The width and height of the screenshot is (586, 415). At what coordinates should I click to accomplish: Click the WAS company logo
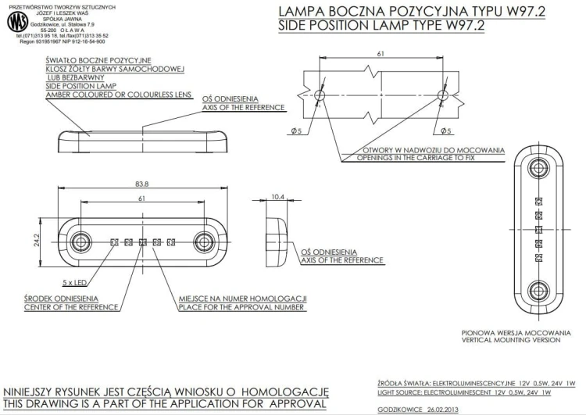point(17,22)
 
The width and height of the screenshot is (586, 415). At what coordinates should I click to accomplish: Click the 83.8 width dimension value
point(142,184)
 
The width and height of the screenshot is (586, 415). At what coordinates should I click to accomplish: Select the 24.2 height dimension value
point(36,241)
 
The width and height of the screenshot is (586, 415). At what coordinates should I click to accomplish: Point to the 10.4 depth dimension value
point(277,197)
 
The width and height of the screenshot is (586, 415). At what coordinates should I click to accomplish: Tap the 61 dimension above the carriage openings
point(381,54)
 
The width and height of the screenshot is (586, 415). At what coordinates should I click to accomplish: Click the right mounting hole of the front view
point(204,242)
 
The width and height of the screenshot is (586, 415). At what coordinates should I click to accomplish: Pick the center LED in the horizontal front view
point(142,242)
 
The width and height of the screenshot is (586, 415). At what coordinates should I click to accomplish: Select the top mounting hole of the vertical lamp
point(538,168)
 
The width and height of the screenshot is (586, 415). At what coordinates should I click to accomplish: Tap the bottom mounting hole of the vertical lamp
point(538,291)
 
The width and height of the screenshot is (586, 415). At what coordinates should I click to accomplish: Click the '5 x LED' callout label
point(74,283)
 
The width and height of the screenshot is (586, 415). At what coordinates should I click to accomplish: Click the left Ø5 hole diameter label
point(296,131)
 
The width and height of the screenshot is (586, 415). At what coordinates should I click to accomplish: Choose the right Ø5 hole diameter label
point(446,131)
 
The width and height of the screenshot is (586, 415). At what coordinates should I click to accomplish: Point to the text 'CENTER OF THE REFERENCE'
point(71,307)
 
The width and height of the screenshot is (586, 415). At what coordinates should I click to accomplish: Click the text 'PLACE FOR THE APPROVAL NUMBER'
point(241,307)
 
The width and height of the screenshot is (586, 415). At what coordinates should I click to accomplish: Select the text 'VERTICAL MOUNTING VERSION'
point(511,340)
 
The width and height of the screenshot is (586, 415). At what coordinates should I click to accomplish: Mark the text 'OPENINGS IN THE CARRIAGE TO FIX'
point(416,158)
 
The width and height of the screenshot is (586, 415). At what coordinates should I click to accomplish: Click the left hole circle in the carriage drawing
point(320,95)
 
